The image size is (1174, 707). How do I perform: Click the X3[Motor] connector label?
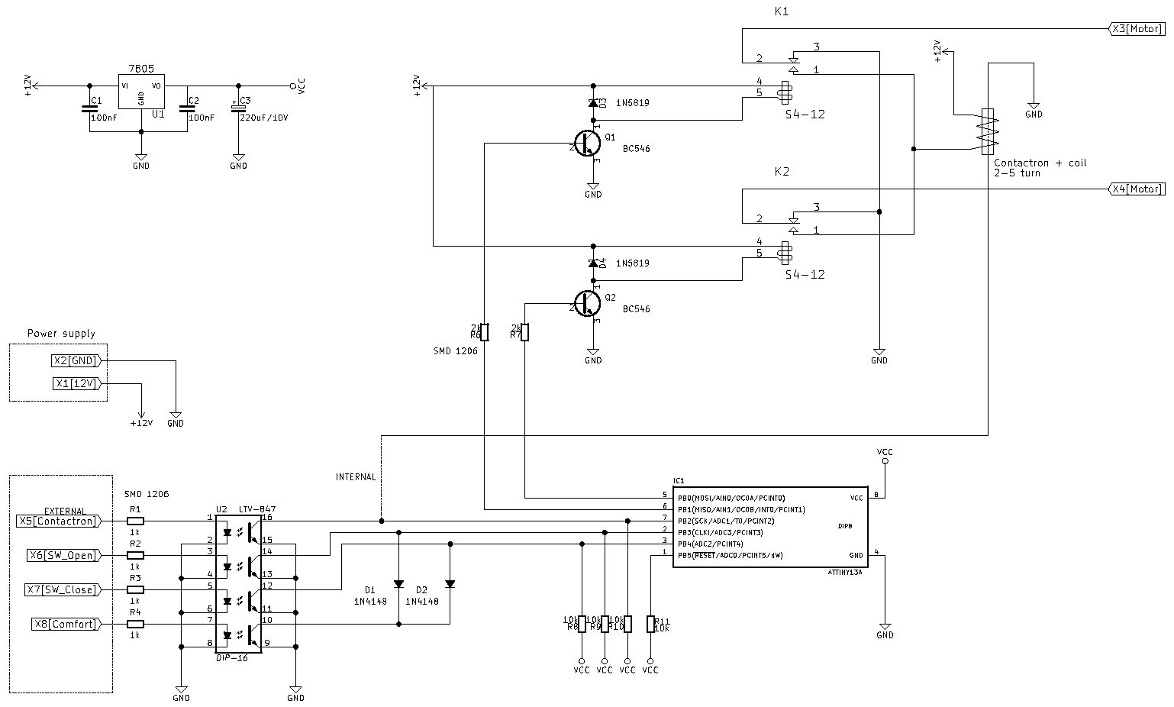[x=1136, y=29]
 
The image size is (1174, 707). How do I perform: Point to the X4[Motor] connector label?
[x=1136, y=189]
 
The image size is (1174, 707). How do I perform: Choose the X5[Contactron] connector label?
[x=58, y=521]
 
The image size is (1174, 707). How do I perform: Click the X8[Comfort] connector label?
[x=66, y=624]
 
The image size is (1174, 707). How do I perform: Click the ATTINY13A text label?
[x=845, y=572]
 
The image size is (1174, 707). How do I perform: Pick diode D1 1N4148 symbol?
[x=398, y=584]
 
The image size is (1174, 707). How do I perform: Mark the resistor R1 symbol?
[x=135, y=521]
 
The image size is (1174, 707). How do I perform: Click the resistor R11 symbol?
[x=650, y=624]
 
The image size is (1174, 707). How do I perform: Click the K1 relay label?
[x=781, y=12]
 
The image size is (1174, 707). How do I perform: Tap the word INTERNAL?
[x=356, y=477]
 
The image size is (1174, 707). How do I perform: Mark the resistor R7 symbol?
[x=524, y=332]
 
